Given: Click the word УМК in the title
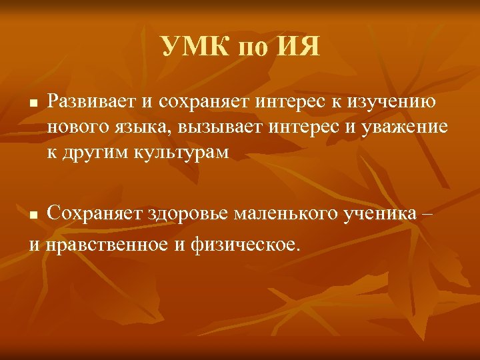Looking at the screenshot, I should [194, 47].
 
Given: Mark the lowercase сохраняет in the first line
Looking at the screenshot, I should [217, 103].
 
